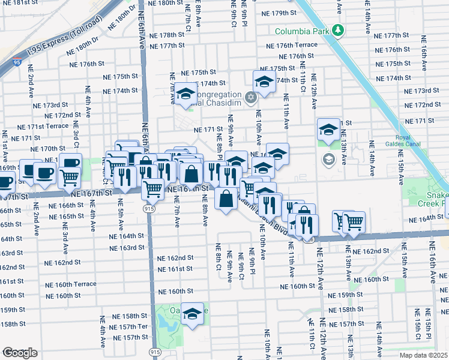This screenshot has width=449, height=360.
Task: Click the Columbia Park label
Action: coord(303,31)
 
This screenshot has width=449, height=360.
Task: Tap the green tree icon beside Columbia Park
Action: coord(339,30)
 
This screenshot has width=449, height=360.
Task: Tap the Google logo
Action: coord(20,352)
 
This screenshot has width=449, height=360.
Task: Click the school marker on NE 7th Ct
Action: coord(187,94)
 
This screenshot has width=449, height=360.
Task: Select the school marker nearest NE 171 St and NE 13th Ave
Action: coord(328,130)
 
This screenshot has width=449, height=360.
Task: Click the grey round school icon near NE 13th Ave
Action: coord(328,159)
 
